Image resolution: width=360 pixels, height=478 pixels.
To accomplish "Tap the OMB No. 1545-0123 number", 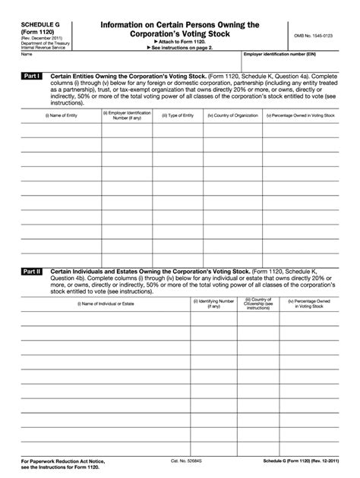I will pyautogui.click(x=316, y=36).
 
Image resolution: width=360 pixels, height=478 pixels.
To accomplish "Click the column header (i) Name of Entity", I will pyautogui.click(x=61, y=115).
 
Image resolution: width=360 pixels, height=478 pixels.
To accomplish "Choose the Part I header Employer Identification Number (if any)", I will pyautogui.click(x=126, y=115).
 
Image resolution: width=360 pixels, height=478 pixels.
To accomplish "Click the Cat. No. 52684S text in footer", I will pyautogui.click(x=185, y=461).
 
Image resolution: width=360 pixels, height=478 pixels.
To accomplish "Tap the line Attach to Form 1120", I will pyautogui.click(x=180, y=42).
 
